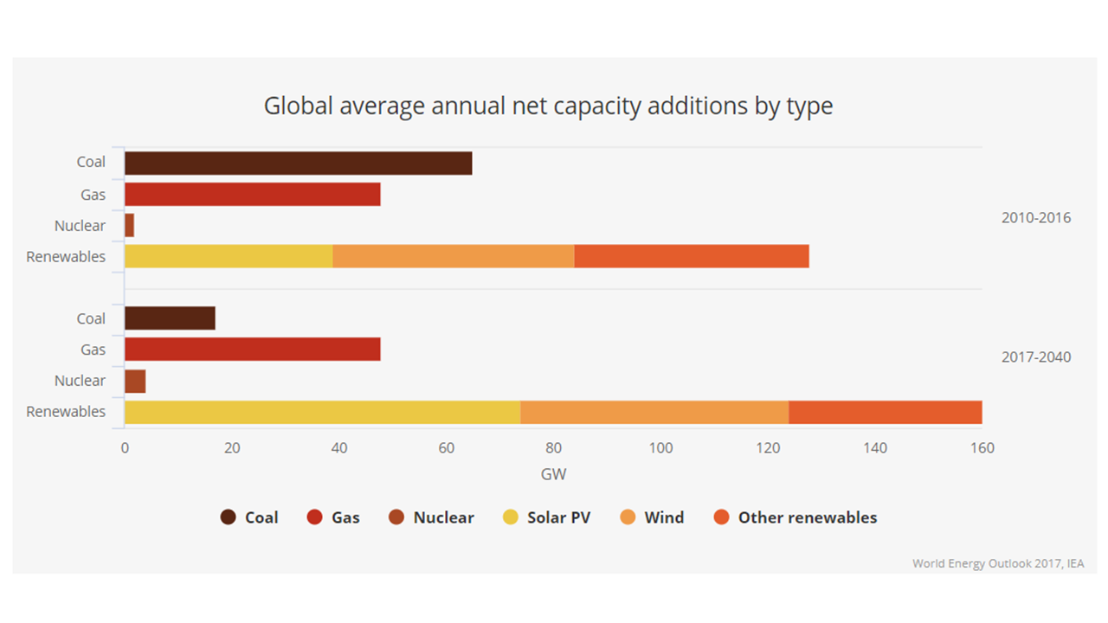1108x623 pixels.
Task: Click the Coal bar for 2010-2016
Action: pos(298,164)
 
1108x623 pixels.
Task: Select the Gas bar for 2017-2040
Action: pos(252,350)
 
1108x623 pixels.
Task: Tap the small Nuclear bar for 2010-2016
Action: pos(129,226)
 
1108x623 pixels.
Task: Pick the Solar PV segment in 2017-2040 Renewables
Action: pos(322,412)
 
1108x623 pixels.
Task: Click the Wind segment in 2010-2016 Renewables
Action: pos(453,257)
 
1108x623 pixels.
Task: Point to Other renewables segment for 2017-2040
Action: pos(885,412)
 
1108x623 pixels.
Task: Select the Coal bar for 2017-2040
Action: pos(170,318)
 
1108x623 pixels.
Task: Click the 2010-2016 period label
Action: pos(1035,218)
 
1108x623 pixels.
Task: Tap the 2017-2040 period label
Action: pos(1035,356)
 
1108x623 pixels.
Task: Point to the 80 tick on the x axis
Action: pos(553,448)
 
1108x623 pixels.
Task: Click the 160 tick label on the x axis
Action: pos(982,448)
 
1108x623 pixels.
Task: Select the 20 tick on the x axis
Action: pos(231,448)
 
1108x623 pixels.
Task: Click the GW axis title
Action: pos(553,474)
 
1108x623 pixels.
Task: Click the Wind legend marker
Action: pos(628,517)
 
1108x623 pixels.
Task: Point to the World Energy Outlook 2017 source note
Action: pos(997,563)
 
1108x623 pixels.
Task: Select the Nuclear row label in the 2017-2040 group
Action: pos(80,381)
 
